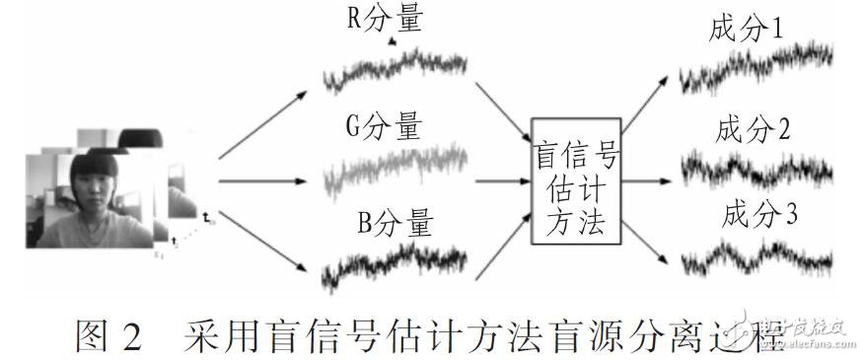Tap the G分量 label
pyautogui.click(x=384, y=129)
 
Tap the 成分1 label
pyautogui.click(x=748, y=30)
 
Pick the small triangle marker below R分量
pyautogui.click(x=392, y=42)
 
